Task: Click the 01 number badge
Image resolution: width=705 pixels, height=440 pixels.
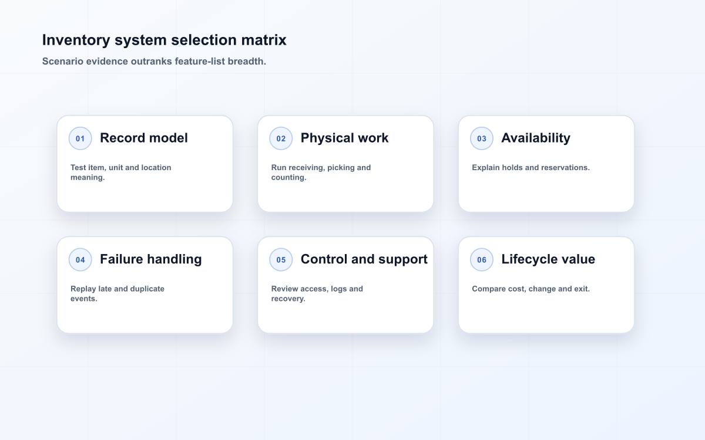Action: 80,138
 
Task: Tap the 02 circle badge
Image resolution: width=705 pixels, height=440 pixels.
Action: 281,138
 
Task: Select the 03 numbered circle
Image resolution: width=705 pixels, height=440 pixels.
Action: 482,138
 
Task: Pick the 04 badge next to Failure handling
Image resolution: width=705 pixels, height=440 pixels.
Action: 80,259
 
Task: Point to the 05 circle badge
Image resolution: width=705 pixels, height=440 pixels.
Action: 281,259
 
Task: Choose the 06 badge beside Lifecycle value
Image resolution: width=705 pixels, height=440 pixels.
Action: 482,259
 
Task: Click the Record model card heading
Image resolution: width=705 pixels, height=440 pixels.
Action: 144,138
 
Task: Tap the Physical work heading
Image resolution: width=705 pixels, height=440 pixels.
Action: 345,138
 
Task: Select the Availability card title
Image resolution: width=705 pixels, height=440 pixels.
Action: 536,138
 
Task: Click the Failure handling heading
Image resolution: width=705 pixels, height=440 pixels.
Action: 151,259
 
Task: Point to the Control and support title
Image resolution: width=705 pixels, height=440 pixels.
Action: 364,259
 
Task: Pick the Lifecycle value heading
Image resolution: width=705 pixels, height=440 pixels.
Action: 548,259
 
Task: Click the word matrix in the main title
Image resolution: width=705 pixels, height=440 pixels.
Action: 264,40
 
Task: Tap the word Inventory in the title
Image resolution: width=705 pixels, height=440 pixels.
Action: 76,40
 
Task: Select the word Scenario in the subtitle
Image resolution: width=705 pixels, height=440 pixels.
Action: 63,61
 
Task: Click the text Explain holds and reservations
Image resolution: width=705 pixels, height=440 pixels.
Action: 531,168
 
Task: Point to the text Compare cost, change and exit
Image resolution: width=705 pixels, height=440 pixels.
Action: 531,289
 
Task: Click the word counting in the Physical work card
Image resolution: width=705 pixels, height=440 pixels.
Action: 288,178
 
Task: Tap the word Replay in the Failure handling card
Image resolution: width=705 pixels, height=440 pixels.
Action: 83,289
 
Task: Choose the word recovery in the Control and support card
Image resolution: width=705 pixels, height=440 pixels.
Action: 288,299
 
